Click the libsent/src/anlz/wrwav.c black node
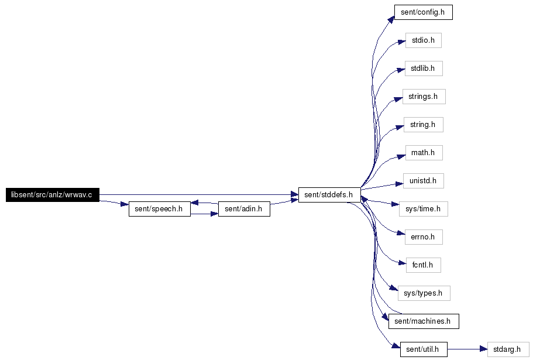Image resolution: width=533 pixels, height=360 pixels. click(x=53, y=195)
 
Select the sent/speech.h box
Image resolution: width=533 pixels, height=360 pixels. click(x=159, y=209)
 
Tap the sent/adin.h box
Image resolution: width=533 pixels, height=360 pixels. click(x=243, y=209)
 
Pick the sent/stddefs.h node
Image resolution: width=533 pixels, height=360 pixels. click(x=329, y=195)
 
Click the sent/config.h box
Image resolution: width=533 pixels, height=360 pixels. click(x=423, y=12)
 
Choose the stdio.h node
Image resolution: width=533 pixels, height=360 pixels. click(x=423, y=40)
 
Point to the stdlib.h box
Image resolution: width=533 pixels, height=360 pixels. click(x=423, y=68)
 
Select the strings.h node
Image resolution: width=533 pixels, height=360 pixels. click(x=424, y=97)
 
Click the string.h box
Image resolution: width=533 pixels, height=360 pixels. click(x=423, y=125)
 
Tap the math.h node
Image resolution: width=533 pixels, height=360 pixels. click(x=423, y=153)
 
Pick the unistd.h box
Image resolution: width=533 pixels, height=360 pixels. click(x=423, y=181)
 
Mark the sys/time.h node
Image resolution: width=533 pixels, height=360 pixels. click(x=423, y=209)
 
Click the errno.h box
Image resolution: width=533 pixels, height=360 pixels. click(x=423, y=237)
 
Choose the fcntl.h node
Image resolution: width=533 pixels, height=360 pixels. click(x=423, y=265)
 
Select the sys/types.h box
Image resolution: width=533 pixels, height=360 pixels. click(x=423, y=293)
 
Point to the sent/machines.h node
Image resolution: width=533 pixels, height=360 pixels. click(x=423, y=321)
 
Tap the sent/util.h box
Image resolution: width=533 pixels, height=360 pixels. click(x=423, y=349)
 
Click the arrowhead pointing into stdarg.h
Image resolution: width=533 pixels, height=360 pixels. click(x=483, y=349)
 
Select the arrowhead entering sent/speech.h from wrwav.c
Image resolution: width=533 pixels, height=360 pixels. click(x=124, y=205)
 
